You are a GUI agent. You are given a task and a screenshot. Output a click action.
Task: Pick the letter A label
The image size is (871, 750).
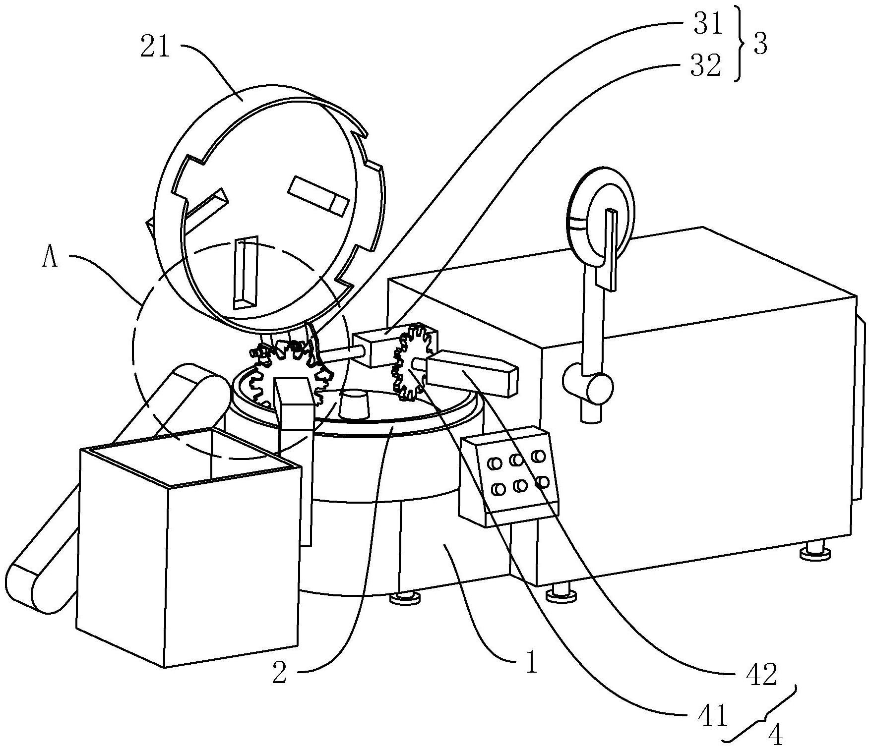[x=50, y=257]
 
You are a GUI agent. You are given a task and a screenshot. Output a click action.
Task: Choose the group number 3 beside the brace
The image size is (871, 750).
[x=760, y=45]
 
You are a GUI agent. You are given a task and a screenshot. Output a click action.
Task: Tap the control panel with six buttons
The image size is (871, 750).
[x=509, y=475]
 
